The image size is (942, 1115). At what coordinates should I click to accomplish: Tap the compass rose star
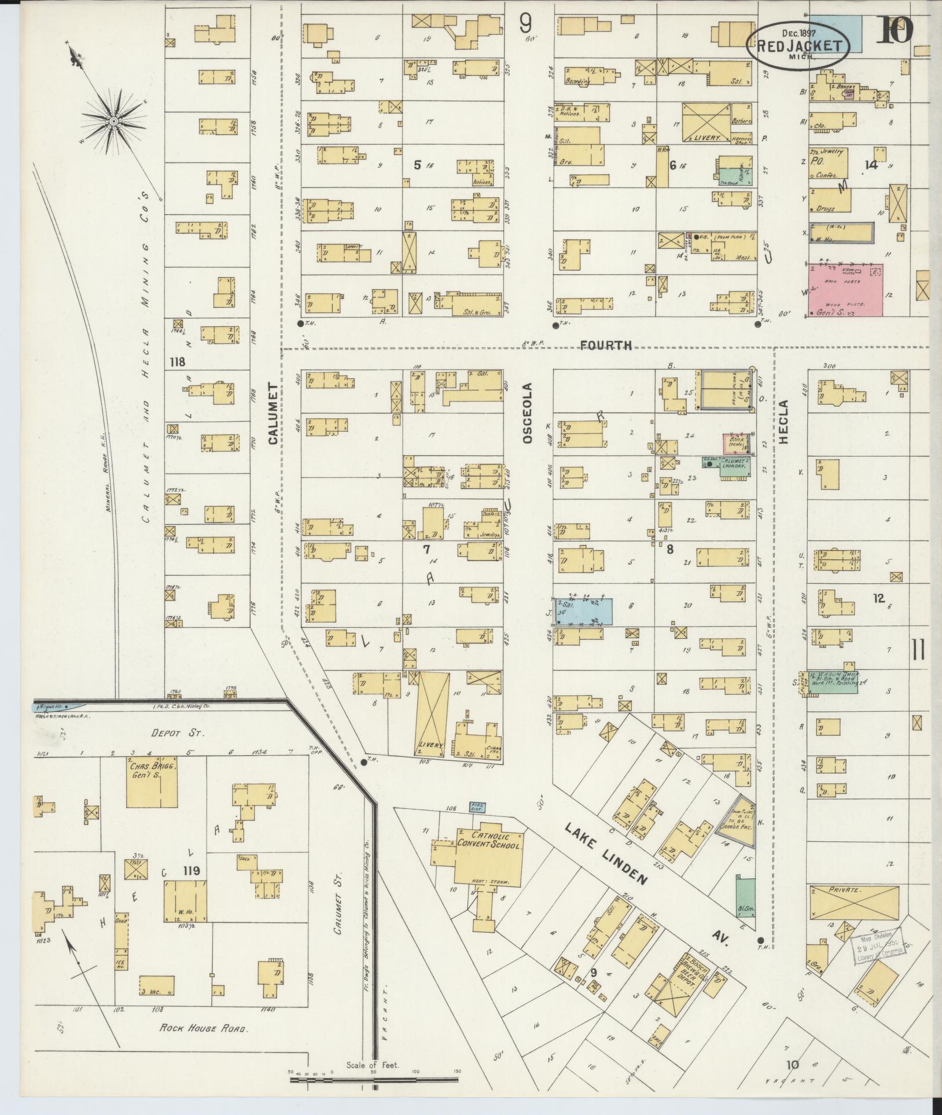(x=114, y=120)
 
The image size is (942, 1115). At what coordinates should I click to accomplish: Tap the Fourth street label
(x=606, y=345)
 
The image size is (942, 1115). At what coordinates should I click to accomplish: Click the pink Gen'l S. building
(x=845, y=290)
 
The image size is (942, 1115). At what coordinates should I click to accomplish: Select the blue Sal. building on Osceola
(x=583, y=612)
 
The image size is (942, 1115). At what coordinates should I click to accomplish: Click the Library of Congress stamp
(x=877, y=948)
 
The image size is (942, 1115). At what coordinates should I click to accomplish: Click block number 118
(x=177, y=362)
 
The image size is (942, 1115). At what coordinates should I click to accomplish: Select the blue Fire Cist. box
(x=477, y=807)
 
